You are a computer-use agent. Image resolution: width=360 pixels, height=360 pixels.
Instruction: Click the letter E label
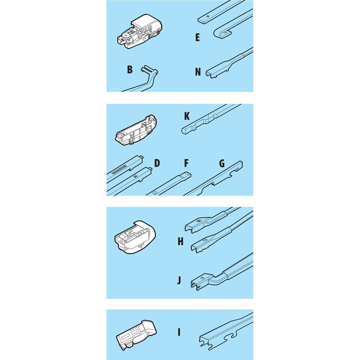tap(197, 37)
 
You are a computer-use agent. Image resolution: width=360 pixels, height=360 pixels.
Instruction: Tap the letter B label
tap(130, 69)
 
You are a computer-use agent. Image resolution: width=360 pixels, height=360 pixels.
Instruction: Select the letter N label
tap(198, 72)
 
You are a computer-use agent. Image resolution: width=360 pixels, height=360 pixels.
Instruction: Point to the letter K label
tap(187, 116)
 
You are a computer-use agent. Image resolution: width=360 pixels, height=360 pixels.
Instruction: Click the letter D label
tap(157, 163)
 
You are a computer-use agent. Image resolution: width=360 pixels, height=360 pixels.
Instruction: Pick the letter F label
tap(186, 163)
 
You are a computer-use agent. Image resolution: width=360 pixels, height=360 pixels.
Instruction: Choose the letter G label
tap(222, 163)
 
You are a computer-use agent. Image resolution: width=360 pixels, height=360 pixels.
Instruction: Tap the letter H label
tap(180, 241)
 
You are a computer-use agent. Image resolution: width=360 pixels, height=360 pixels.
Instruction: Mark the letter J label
tap(179, 280)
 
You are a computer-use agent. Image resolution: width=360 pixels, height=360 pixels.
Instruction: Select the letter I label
tap(179, 332)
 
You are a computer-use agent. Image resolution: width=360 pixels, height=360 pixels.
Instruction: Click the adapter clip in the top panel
tap(140, 31)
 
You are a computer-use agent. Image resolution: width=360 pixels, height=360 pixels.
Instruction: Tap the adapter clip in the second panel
tap(136, 130)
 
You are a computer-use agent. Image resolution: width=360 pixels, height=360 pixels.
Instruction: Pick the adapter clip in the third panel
tap(135, 237)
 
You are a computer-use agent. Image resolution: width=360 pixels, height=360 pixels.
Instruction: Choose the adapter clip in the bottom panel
tap(136, 335)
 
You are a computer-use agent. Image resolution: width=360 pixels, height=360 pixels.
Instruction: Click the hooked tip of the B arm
tap(145, 69)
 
